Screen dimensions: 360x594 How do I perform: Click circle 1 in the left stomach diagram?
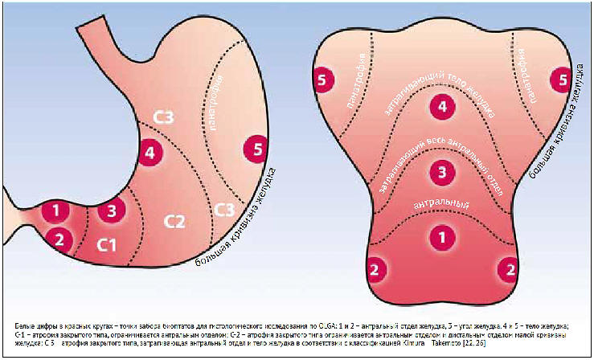click(55, 211)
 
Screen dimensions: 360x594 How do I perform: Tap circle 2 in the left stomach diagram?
click(58, 238)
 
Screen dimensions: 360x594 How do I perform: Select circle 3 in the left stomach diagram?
click(112, 211)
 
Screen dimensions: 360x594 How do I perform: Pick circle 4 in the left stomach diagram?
click(150, 153)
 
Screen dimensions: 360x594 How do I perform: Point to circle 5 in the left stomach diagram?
click(256, 149)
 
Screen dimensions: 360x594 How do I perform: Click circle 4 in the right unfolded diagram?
click(440, 105)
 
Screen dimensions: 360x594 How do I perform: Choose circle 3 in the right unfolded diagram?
click(440, 171)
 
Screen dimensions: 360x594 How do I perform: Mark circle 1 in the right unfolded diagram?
click(440, 236)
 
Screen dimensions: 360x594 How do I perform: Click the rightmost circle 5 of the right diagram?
click(558, 79)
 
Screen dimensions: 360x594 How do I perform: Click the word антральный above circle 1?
click(440, 206)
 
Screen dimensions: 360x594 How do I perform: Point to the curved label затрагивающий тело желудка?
click(440, 76)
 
